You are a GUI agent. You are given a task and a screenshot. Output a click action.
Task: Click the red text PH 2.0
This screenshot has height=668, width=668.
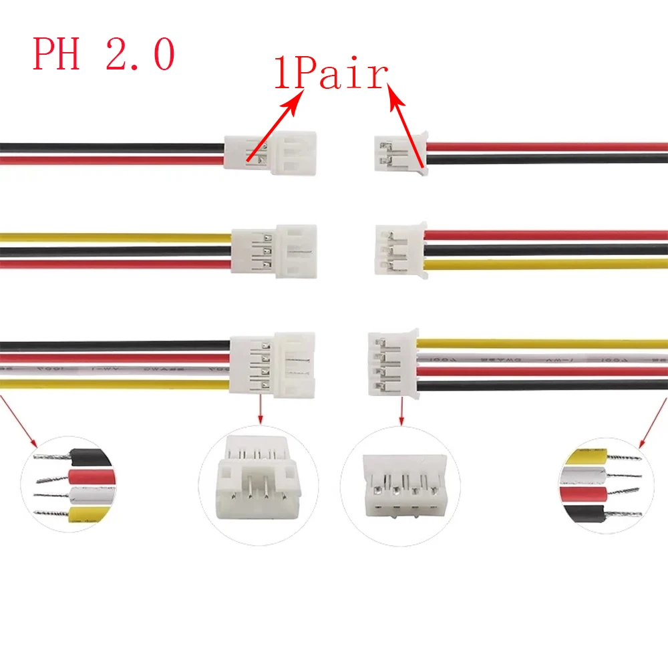104,55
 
